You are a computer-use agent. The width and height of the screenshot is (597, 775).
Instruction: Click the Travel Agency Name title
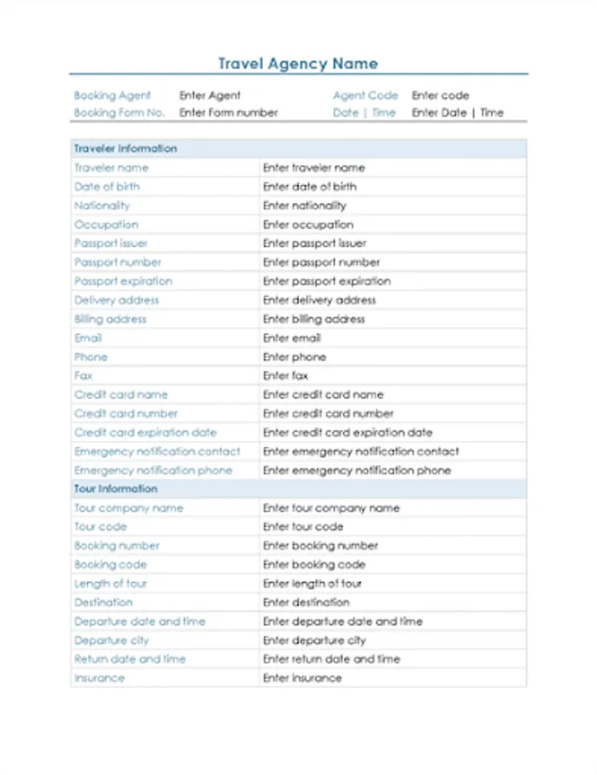[297, 64]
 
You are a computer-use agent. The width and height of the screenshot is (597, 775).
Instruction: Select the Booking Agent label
[112, 96]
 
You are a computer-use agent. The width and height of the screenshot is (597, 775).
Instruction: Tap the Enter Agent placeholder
[209, 96]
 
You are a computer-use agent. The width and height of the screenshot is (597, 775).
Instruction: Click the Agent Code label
[365, 96]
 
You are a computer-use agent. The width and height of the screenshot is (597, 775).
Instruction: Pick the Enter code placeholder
[440, 96]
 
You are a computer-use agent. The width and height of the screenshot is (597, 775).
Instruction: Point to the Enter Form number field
[228, 113]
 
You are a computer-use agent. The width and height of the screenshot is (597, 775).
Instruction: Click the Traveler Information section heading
[125, 149]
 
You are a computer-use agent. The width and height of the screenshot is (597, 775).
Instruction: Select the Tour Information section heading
[115, 489]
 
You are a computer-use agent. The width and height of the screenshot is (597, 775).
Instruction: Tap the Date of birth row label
[107, 187]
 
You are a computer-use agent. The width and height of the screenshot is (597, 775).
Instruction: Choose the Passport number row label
[117, 263]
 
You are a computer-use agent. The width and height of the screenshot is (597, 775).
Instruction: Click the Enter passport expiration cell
[326, 282]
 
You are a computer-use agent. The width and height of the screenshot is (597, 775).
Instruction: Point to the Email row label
[88, 338]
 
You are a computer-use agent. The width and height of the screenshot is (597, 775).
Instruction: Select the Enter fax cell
[285, 376]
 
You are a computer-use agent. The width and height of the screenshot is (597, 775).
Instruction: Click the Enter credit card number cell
[327, 414]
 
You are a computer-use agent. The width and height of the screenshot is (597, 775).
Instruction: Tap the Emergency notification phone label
[153, 471]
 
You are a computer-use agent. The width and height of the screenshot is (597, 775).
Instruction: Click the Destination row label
[103, 603]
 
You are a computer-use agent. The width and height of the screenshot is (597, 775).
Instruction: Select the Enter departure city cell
[314, 641]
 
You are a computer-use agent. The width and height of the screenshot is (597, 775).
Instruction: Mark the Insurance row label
[99, 679]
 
